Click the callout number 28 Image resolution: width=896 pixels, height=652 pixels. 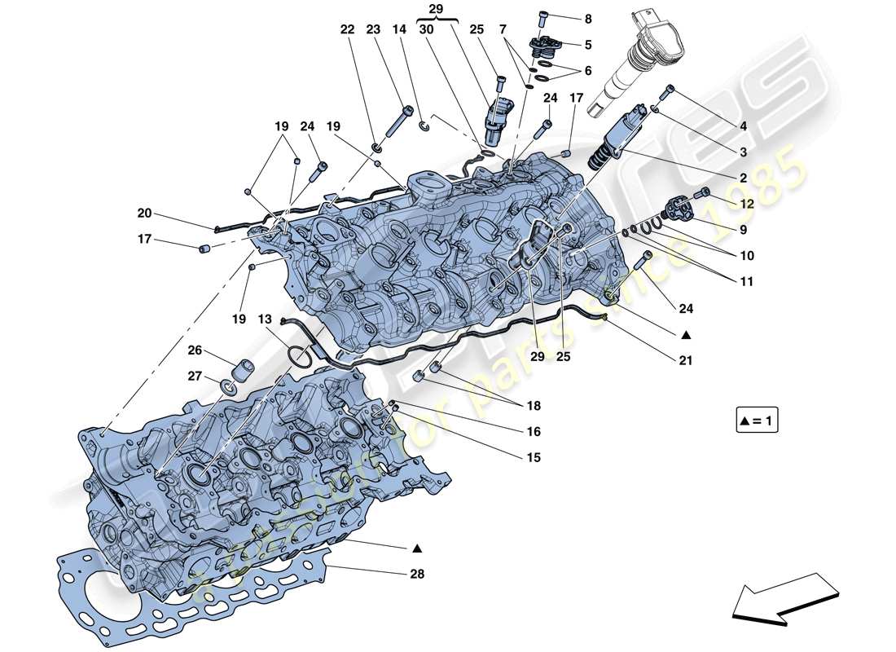coord(418,574)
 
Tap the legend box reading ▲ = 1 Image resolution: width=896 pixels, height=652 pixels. coord(756,421)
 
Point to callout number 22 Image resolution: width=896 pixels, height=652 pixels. coord(348,29)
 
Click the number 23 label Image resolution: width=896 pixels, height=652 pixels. coord(374,29)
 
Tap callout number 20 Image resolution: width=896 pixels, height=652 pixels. coord(144,214)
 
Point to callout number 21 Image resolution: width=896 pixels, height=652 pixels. coord(686,359)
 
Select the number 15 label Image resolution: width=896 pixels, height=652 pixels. coord(534,458)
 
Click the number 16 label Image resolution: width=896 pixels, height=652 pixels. coord(534,432)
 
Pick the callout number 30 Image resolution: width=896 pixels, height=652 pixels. coord(426,29)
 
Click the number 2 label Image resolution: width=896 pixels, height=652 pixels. coord(743,178)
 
